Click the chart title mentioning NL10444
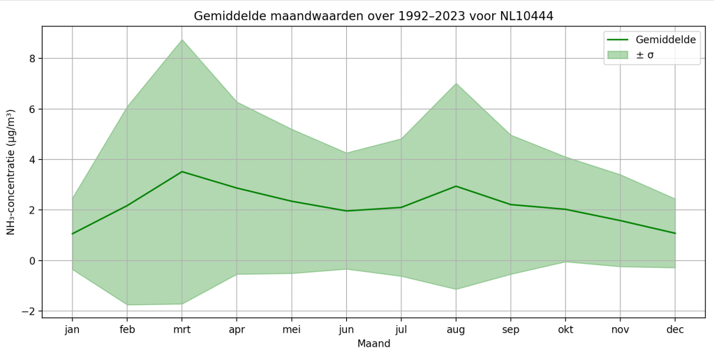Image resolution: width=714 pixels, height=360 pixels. pyautogui.click(x=373, y=16)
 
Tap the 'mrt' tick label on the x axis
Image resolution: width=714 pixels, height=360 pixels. pyautogui.click(x=181, y=329)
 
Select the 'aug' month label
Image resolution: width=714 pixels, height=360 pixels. pyautogui.click(x=456, y=329)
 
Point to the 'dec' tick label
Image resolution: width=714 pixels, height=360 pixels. pyautogui.click(x=675, y=329)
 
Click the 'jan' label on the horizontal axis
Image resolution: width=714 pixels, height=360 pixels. pyautogui.click(x=73, y=329)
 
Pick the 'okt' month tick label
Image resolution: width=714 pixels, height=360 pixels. pyautogui.click(x=565, y=329)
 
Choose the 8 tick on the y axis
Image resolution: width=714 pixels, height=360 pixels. pyautogui.click(x=32, y=59)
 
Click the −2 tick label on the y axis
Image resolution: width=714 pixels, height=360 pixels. pyautogui.click(x=29, y=311)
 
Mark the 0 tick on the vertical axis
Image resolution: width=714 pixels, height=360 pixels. pyautogui.click(x=32, y=261)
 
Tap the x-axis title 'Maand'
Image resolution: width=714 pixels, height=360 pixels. pyautogui.click(x=373, y=344)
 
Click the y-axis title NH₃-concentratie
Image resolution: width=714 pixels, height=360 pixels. pyautogui.click(x=11, y=172)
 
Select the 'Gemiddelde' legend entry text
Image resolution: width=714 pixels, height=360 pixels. pyautogui.click(x=665, y=40)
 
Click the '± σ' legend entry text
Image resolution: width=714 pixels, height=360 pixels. pyautogui.click(x=644, y=54)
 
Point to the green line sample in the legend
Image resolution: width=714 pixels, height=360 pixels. pyautogui.click(x=617, y=40)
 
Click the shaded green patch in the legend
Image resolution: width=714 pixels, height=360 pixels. pyautogui.click(x=617, y=54)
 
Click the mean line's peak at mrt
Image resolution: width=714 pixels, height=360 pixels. pyautogui.click(x=181, y=172)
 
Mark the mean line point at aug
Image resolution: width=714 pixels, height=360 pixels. pyautogui.click(x=456, y=186)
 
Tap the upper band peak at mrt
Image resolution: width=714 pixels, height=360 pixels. pyautogui.click(x=181, y=40)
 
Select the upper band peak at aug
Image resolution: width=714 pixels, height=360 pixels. pyautogui.click(x=456, y=84)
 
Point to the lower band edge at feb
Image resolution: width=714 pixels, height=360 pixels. pyautogui.click(x=127, y=305)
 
